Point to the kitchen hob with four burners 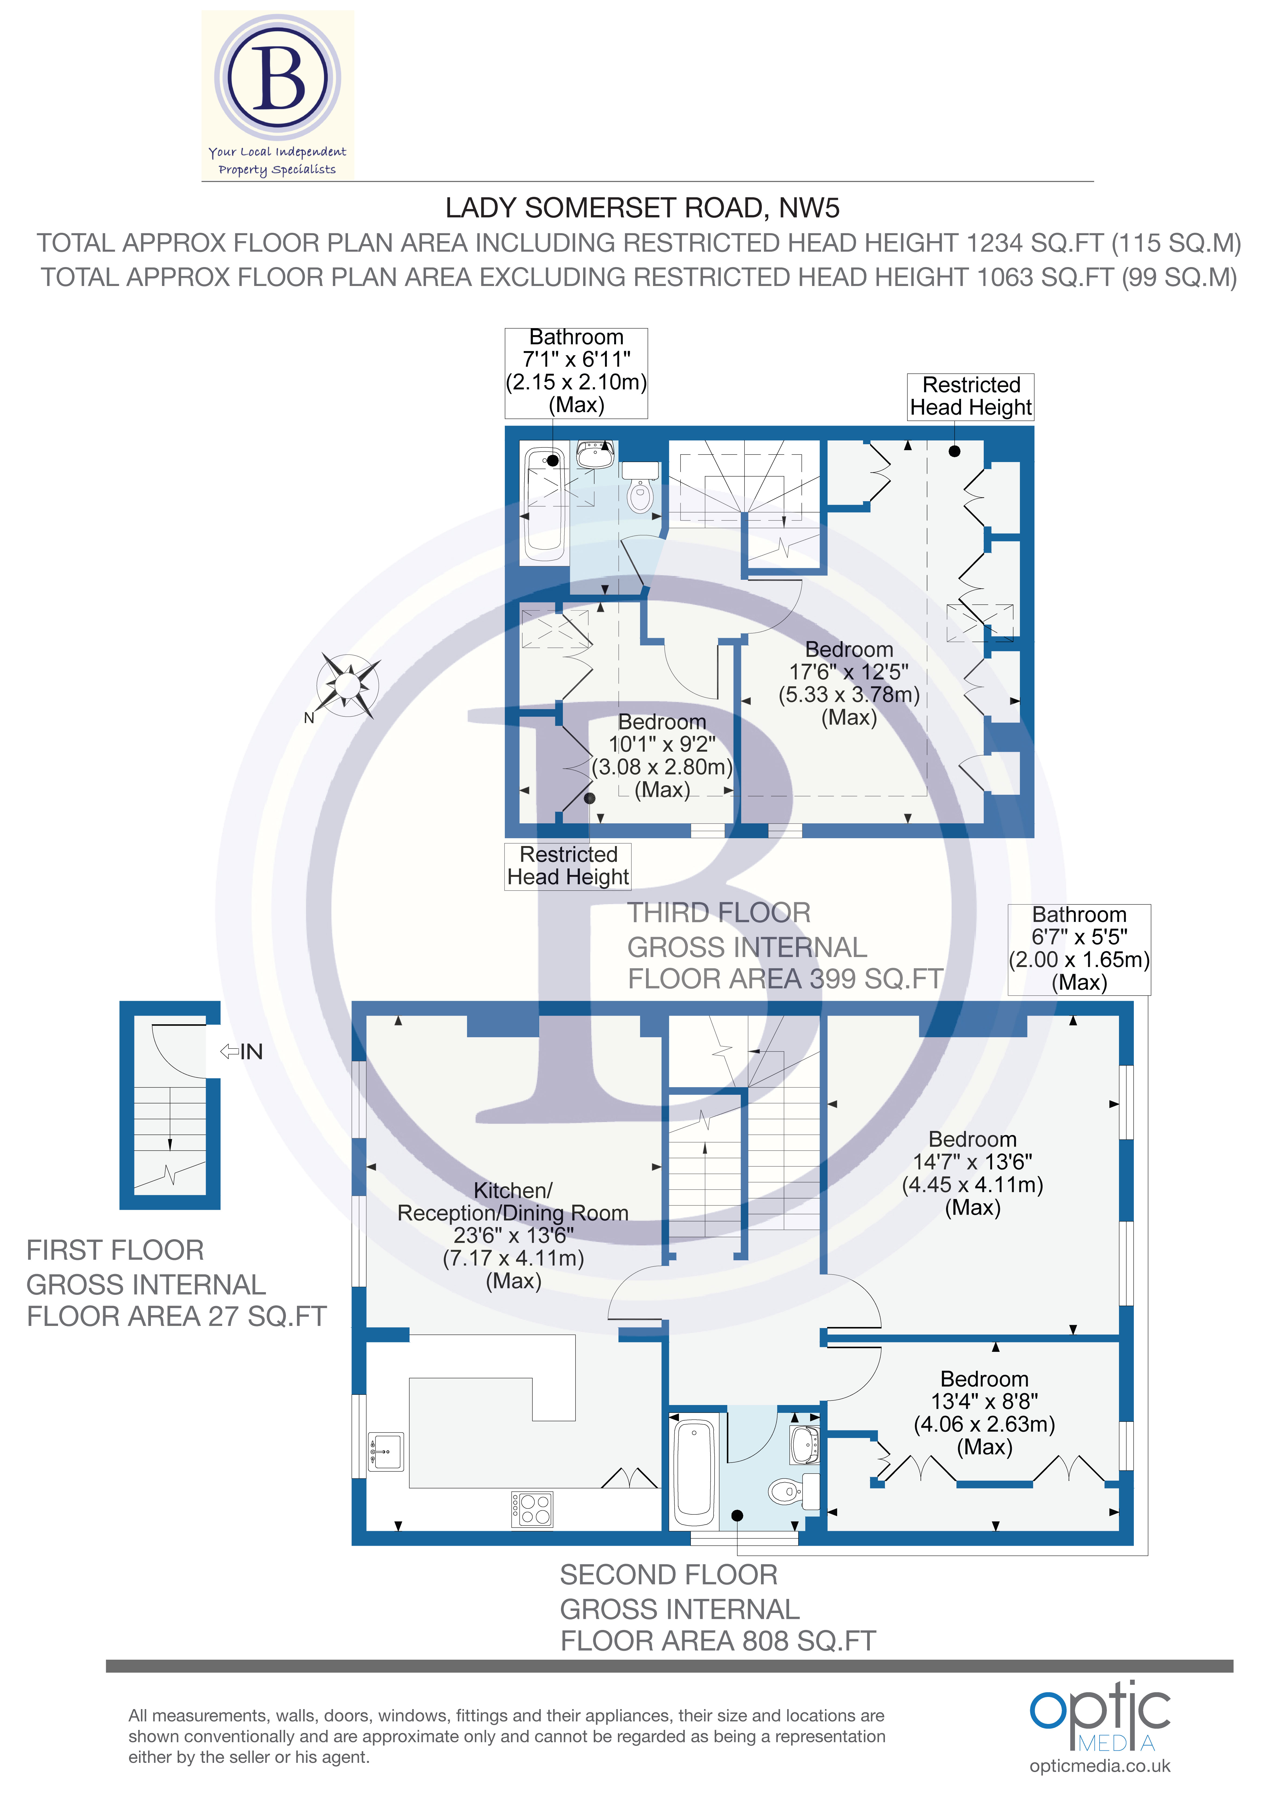pyautogui.click(x=532, y=1509)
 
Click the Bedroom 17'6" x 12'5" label pyautogui.click(x=848, y=683)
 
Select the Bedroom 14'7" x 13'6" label pyautogui.click(x=972, y=1173)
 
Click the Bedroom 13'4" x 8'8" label pyautogui.click(x=984, y=1413)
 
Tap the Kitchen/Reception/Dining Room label pyautogui.click(x=513, y=1235)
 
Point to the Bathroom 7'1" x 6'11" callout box pyautogui.click(x=576, y=372)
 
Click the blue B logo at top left pyautogui.click(x=277, y=79)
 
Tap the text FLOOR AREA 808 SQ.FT pyautogui.click(x=718, y=1641)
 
